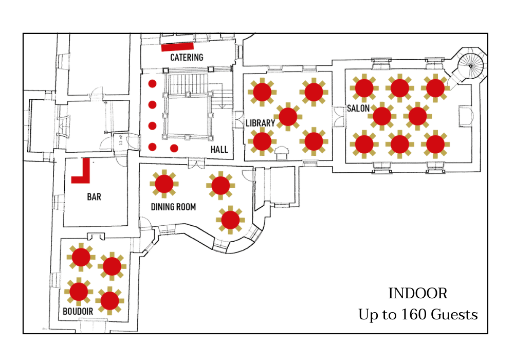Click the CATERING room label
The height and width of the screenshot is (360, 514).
point(187,58)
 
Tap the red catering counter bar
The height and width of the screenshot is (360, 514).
point(177,47)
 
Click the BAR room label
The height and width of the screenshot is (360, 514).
point(94,197)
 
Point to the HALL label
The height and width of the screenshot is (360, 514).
point(219,150)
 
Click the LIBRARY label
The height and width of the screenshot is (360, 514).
point(260,123)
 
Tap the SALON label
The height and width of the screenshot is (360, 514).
point(358,109)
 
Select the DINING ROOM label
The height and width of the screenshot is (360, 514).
point(173,207)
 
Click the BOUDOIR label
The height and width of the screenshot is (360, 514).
point(78,311)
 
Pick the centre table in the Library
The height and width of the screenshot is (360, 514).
point(288,116)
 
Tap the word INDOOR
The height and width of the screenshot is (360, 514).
point(418,294)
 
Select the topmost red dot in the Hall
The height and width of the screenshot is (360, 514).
point(152,83)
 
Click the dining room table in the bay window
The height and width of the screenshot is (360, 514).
point(230,220)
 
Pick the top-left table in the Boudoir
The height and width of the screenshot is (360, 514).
point(81,257)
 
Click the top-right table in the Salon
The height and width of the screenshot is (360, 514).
point(435,88)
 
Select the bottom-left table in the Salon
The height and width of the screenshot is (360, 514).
point(364,144)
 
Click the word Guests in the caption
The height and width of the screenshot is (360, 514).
point(454,314)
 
